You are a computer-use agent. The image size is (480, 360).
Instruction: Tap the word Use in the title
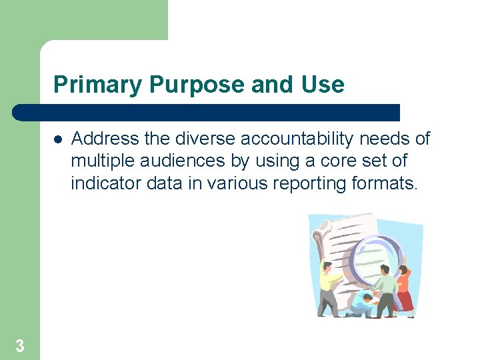(323, 85)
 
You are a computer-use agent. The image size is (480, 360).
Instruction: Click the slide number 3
(19, 346)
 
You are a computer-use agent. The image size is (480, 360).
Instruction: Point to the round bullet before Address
(58, 140)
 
